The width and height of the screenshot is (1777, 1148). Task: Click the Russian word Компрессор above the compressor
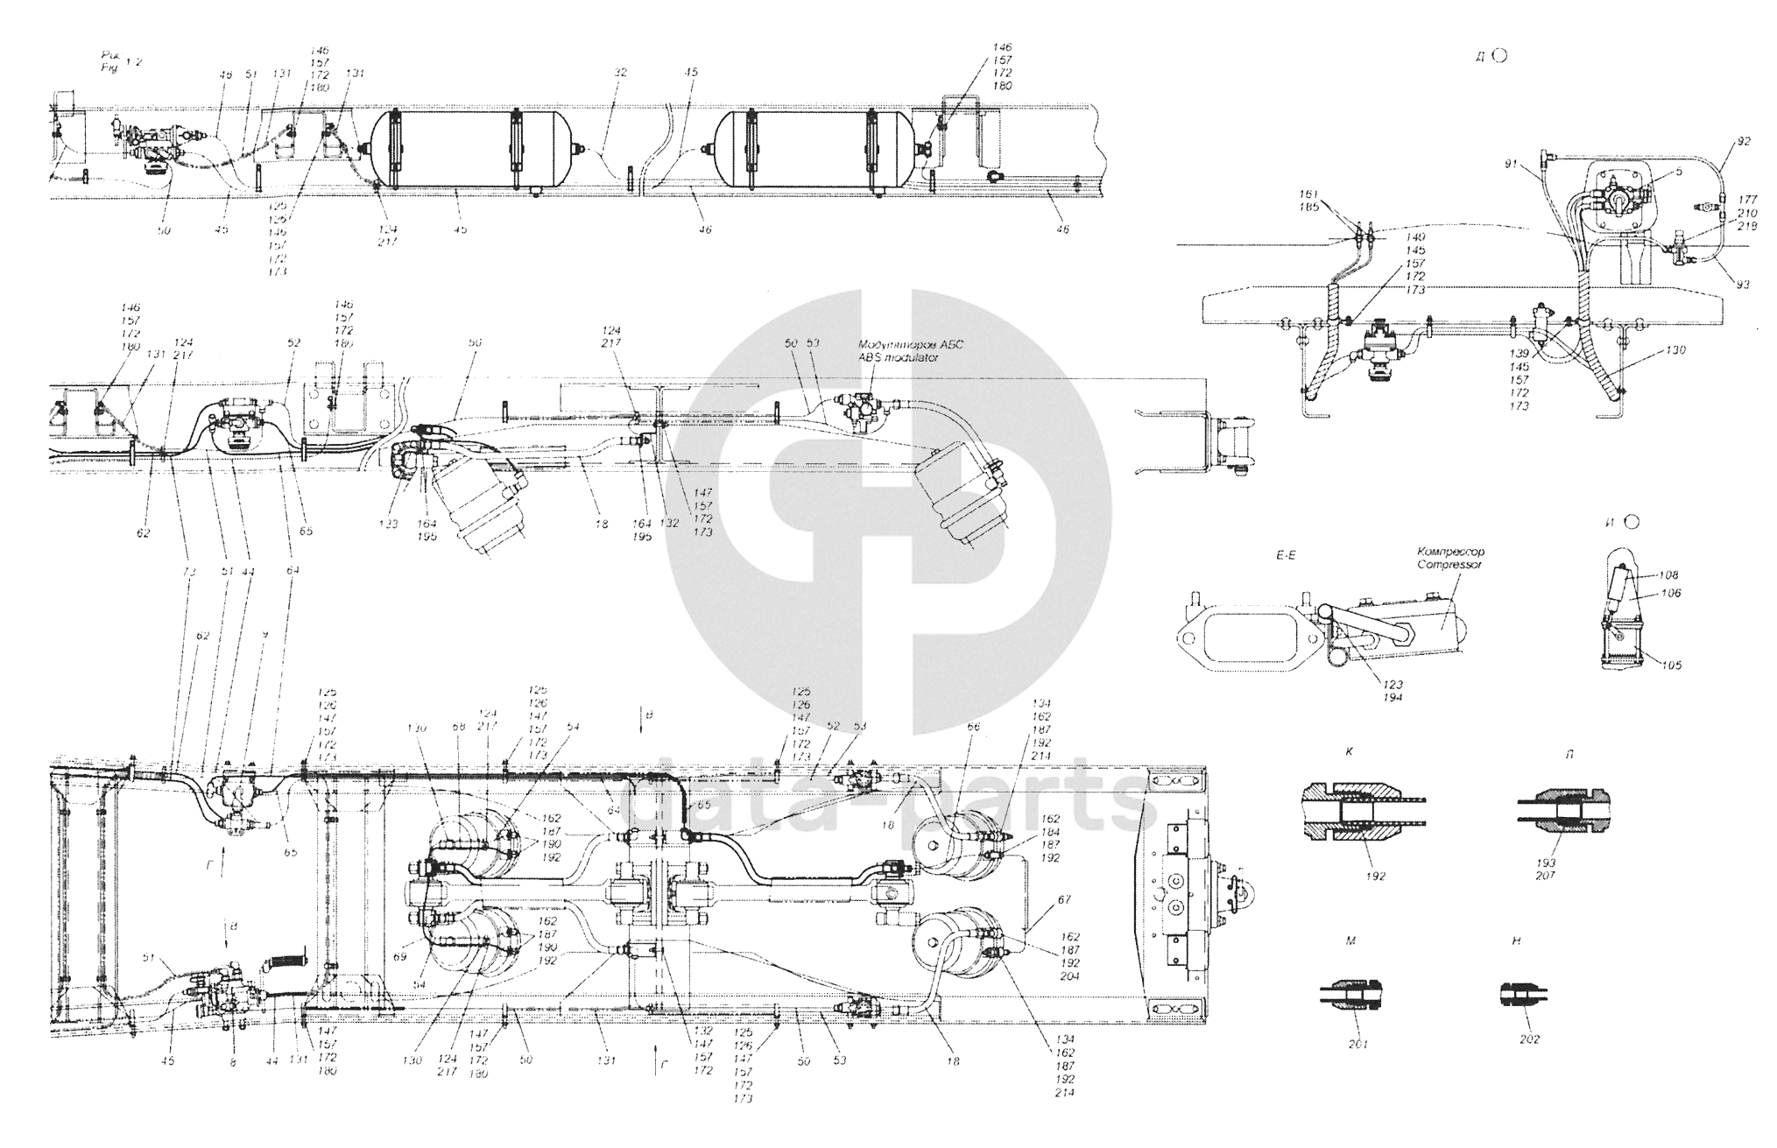(x=1449, y=553)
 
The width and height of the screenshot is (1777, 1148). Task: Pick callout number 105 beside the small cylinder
(x=1670, y=665)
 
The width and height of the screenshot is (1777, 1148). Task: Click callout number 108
(x=1670, y=575)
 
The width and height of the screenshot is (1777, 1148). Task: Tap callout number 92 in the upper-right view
(x=1744, y=140)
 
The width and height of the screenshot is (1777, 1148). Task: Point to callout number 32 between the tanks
(x=620, y=74)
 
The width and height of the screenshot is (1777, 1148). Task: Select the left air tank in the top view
(x=471, y=148)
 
